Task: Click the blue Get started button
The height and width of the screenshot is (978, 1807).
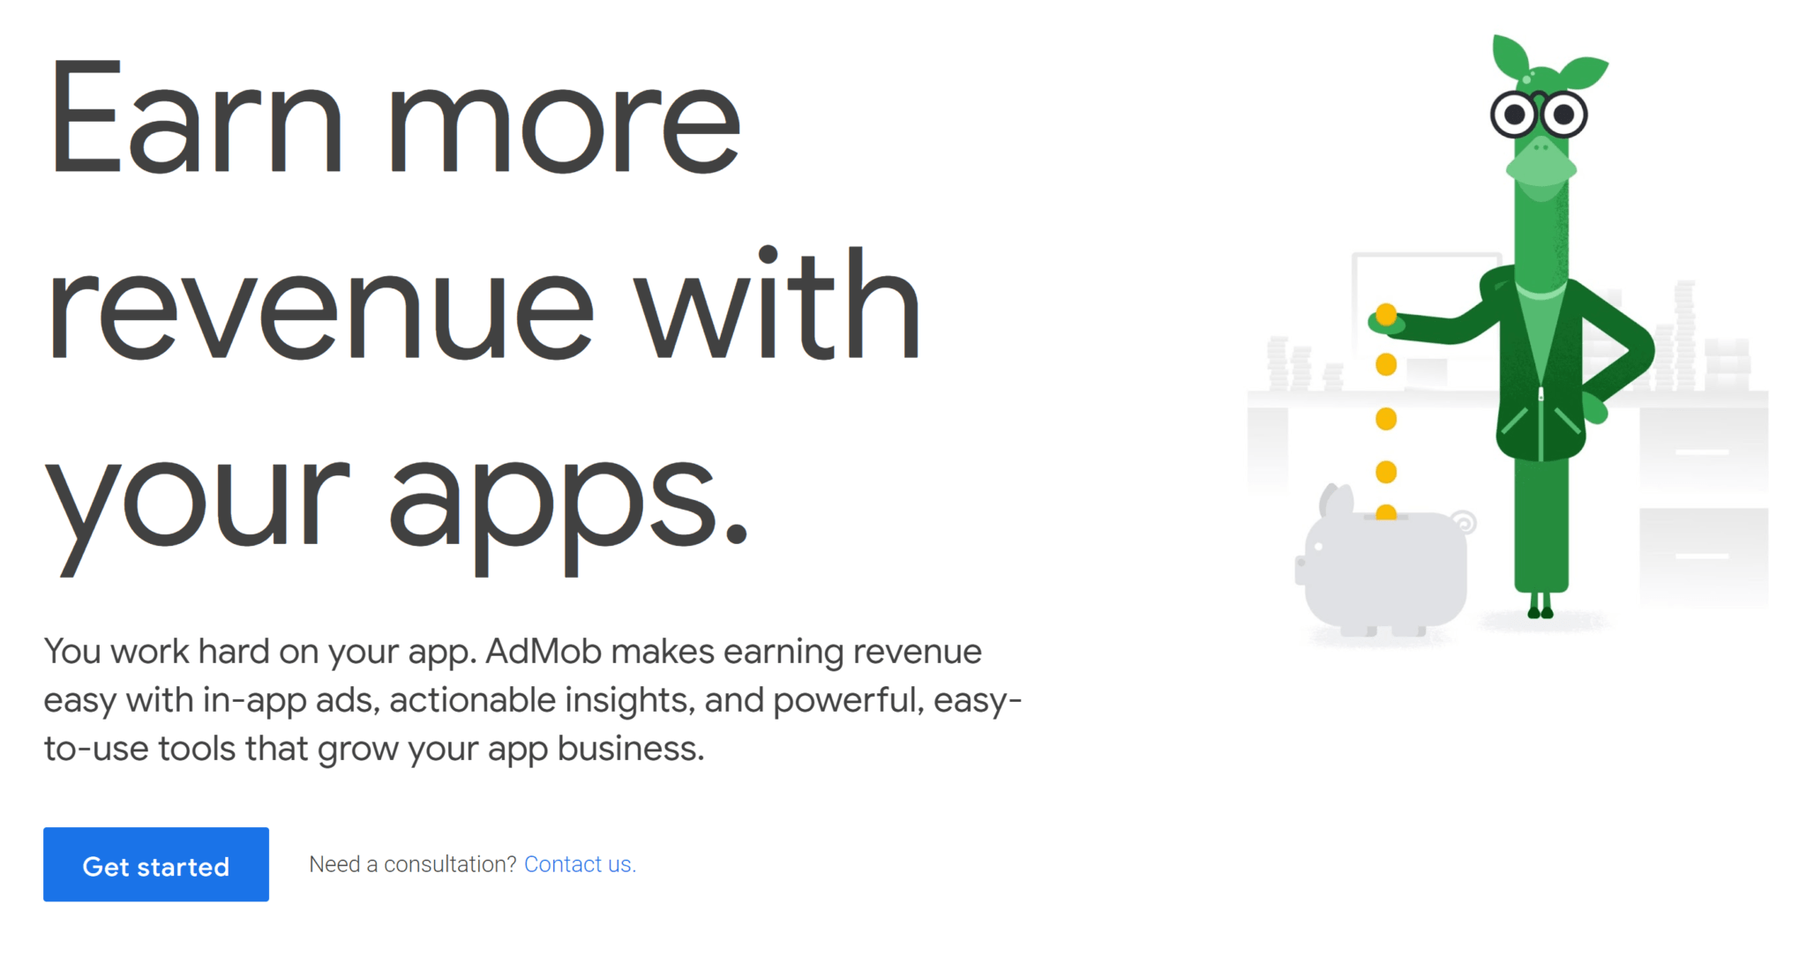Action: click(156, 864)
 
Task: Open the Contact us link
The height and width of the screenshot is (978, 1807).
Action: click(580, 864)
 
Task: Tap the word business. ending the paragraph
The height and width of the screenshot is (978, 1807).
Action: click(631, 749)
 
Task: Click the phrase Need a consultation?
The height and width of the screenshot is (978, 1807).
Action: click(412, 864)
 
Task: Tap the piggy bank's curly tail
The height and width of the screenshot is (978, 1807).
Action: click(1464, 522)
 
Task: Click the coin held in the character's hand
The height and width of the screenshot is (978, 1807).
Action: click(1386, 314)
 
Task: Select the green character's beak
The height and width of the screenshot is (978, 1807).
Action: click(1541, 163)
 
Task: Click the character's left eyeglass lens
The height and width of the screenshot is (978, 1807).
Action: click(1515, 114)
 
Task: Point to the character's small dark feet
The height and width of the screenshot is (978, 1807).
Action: click(1541, 608)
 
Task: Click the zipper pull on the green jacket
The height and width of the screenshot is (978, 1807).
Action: click(1541, 394)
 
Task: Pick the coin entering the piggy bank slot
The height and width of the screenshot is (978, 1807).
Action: click(1386, 512)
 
